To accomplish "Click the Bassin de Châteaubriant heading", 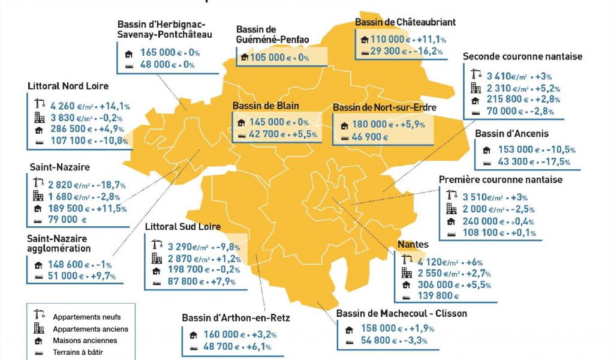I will pos(405,22).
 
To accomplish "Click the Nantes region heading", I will pos(413,244).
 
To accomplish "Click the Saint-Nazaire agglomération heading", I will pos(59,244).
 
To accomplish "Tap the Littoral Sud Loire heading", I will pos(183,227).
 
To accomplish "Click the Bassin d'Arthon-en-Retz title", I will pos(236,317).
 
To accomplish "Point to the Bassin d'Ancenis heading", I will pos(511,134).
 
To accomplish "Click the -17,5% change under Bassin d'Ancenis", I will pos(558,162).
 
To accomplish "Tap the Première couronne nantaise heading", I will pos(501,179).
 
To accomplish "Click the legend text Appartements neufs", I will pos(86,317).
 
